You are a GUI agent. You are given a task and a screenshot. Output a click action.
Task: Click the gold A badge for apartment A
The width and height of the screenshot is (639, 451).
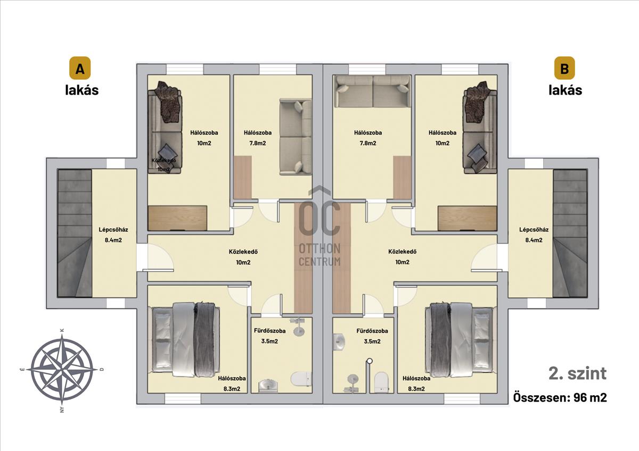tap(80, 68)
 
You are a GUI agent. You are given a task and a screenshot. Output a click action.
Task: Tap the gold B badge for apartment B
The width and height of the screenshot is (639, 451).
tap(564, 68)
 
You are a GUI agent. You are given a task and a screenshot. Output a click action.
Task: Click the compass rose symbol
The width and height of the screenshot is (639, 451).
tap(62, 370)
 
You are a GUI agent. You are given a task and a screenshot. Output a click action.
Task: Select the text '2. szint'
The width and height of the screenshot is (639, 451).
tap(578, 373)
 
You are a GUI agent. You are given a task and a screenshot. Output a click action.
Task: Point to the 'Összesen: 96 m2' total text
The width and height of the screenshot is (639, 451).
tap(560, 397)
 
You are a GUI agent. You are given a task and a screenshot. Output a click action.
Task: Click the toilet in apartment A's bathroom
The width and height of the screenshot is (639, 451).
tap(301, 379)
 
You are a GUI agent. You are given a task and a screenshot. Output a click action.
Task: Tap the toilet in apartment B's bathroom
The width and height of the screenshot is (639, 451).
tap(381, 382)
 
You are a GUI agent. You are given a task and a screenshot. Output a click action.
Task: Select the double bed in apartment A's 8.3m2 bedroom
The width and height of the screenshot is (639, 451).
tap(184, 339)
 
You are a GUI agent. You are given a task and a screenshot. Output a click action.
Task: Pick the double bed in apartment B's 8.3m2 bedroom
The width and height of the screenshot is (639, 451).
tap(461, 339)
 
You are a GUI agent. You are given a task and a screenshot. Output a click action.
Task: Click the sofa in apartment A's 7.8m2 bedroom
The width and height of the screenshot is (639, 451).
tap(296, 137)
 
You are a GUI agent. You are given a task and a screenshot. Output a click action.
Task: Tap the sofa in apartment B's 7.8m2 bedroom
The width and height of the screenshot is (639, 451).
tap(373, 91)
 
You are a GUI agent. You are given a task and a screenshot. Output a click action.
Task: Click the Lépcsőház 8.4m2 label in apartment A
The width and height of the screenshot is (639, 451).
tap(113, 235)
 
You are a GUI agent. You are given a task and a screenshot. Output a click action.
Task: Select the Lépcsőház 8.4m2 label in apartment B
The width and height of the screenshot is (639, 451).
tap(534, 235)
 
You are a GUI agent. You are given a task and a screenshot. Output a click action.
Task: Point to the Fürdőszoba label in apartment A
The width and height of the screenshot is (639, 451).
tap(269, 331)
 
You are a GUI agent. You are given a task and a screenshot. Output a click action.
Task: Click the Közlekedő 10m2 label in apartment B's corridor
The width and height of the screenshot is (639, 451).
tap(402, 257)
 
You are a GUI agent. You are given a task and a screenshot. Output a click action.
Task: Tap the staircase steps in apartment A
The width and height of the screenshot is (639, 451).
tap(75, 233)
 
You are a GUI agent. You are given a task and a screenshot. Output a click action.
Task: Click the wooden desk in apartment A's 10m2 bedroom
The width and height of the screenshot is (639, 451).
tap(177, 218)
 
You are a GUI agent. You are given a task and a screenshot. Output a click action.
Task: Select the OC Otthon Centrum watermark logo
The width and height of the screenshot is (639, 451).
tap(320, 227)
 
